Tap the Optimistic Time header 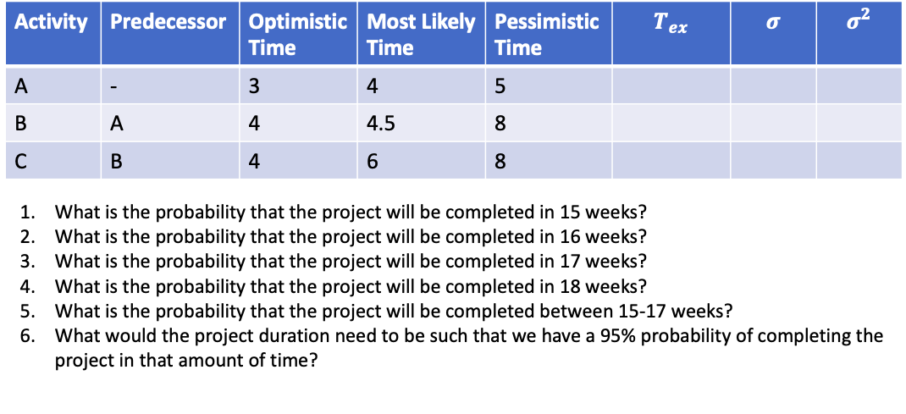[297, 35]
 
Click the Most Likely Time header [422, 35]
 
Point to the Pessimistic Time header [546, 35]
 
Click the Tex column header [671, 25]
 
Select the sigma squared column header [859, 22]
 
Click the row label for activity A [20, 86]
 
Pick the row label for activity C [20, 161]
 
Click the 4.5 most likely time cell [380, 124]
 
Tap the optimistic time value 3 [254, 86]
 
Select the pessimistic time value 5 [499, 86]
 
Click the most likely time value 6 [372, 161]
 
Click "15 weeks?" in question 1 [610, 212]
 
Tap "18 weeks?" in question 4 [610, 284]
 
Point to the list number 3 [27, 261]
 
